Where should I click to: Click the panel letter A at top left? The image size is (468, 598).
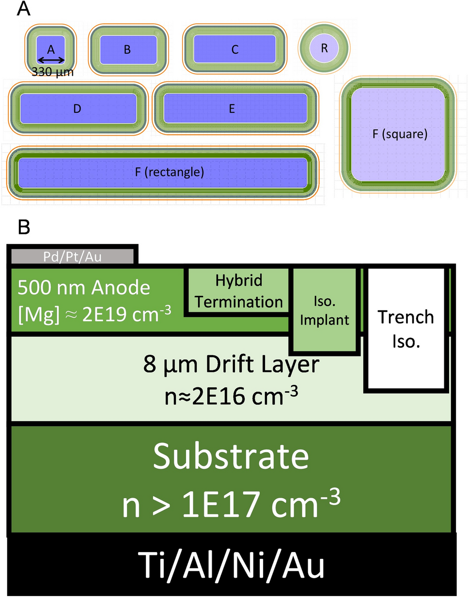coord(23,8)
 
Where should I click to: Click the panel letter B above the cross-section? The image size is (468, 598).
coord(24,227)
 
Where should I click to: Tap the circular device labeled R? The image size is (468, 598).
coord(324,48)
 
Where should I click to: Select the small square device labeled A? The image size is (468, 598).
coord(51,49)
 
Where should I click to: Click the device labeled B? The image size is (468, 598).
coord(127,49)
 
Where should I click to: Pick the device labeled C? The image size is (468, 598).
coord(235,49)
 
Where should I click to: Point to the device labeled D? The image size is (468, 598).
coord(78,108)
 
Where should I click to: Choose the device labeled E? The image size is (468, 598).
coord(232,108)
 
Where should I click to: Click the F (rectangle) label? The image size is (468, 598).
coord(169,172)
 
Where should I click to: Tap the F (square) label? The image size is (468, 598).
coord(400,134)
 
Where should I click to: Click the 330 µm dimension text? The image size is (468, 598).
coord(52,72)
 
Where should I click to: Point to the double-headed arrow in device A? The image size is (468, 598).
coord(51,61)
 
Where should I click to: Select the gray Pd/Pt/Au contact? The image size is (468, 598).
coord(72,256)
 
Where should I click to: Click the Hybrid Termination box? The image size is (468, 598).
coord(238,291)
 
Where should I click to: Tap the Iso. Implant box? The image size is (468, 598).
coord(324,310)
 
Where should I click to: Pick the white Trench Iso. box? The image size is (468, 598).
coord(406,329)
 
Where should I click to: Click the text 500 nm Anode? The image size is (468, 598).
coord(84,288)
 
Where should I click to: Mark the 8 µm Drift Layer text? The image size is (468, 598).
coord(231,364)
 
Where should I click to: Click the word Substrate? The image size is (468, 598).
coord(231,456)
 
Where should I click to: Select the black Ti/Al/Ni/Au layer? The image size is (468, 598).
coord(231,565)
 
